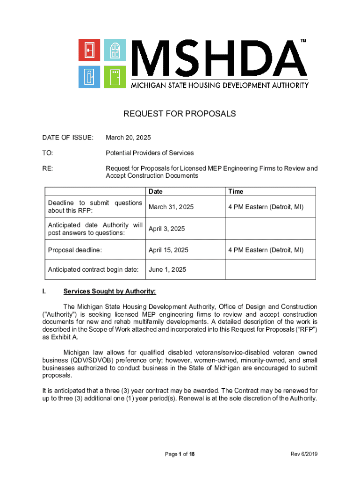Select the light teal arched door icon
pos(115,50)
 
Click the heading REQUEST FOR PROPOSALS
pos(180,114)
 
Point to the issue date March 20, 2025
pos(128,138)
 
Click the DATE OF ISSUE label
pos(68,138)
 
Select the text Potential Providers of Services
pos(150,153)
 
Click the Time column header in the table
pos(236,191)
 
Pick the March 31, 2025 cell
pos(171,207)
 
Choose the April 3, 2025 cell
pos(166,229)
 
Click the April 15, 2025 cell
pos(168,250)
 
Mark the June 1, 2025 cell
pos(167,270)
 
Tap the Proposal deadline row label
pos(75,250)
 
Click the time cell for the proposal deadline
pos(266,250)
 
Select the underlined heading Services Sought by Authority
pos(109,291)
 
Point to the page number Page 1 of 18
pos(180,454)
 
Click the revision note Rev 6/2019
pos(304,454)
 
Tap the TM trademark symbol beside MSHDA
pos(303,42)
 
